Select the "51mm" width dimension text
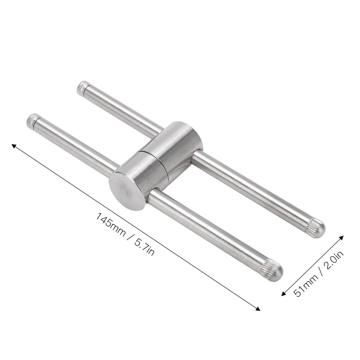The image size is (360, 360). (x=305, y=285)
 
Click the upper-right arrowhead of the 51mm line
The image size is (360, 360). (x=341, y=238)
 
